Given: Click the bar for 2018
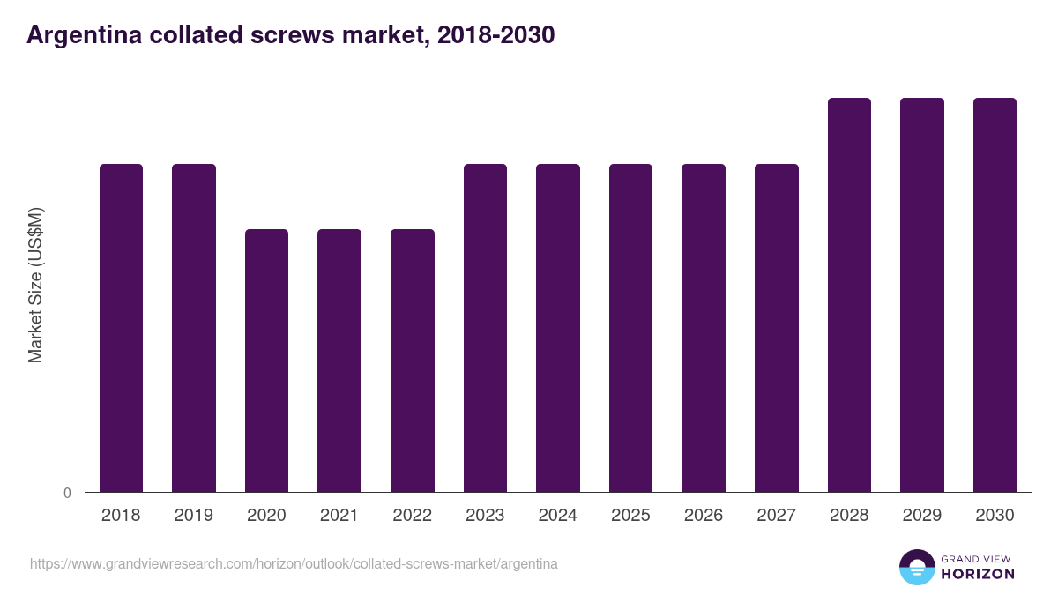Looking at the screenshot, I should tap(121, 328).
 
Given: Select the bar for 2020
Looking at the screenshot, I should tap(266, 361).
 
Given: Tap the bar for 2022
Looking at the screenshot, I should tap(413, 361).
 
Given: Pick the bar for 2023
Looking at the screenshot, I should tap(485, 328).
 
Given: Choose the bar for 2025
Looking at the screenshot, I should tap(630, 328).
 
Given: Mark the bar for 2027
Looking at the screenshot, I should tap(776, 328).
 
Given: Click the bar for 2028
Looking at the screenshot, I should tap(849, 295).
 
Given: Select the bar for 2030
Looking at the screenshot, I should tap(995, 295).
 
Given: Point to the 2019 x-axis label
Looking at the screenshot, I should tap(194, 516).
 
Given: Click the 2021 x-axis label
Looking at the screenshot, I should tap(339, 516).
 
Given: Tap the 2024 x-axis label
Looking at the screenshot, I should tap(557, 516).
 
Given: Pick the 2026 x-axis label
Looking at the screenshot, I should tap(703, 516).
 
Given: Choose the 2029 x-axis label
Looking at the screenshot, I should tap(921, 516).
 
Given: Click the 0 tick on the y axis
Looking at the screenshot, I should tap(67, 493).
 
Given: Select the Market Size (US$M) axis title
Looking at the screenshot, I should tap(35, 285).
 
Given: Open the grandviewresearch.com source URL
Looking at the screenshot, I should tap(294, 563).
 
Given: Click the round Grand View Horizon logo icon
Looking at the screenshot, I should tap(916, 567).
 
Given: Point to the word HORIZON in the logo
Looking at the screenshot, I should tap(978, 574).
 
